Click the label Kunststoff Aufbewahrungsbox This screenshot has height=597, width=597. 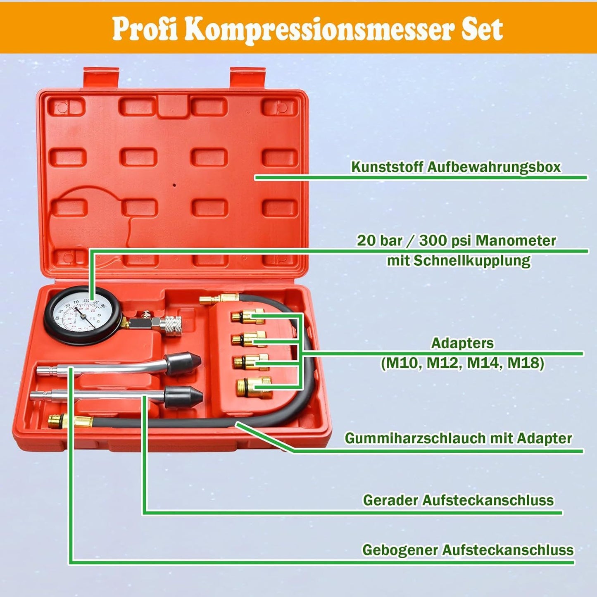click(456, 167)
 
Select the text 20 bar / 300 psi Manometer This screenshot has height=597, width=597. click(456, 240)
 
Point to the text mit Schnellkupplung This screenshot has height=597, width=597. click(458, 261)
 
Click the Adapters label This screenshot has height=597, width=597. click(462, 343)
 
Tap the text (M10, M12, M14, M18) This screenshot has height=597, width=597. click(462, 363)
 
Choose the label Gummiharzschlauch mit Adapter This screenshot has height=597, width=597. click(458, 438)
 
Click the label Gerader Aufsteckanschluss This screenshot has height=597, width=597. click(458, 500)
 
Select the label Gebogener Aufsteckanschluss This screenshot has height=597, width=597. click(467, 550)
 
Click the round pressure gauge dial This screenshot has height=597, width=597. click(83, 316)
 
